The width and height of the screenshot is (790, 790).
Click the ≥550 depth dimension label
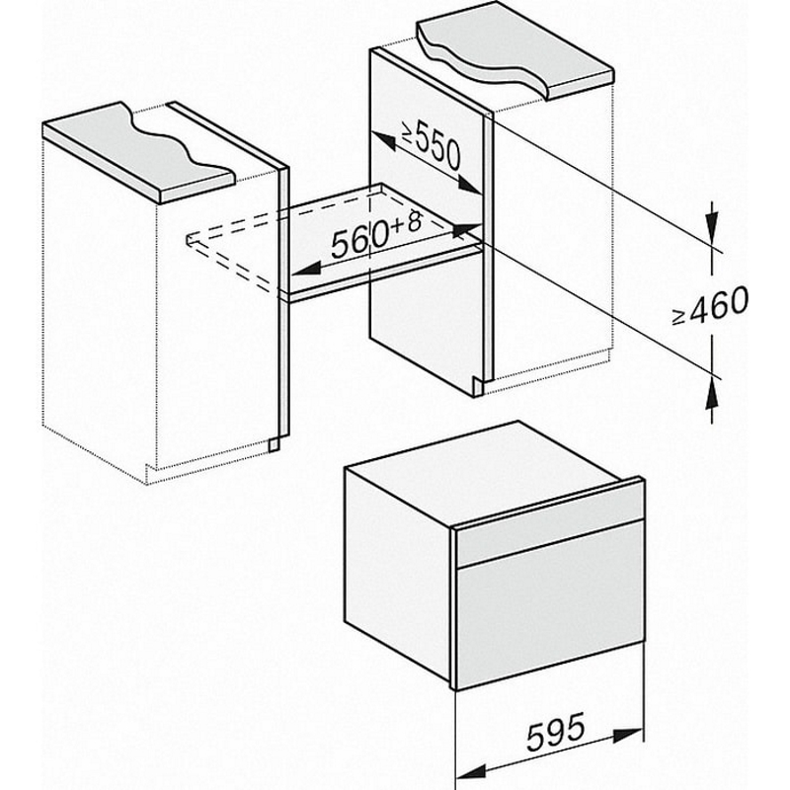(x=432, y=146)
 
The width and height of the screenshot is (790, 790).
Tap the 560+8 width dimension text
(x=377, y=232)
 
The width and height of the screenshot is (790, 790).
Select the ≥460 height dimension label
(x=710, y=306)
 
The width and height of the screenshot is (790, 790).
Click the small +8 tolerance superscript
(x=406, y=220)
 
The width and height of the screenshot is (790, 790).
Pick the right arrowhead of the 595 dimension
(x=628, y=735)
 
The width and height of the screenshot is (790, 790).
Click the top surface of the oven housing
(x=484, y=471)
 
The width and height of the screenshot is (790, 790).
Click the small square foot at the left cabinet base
(x=274, y=444)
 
